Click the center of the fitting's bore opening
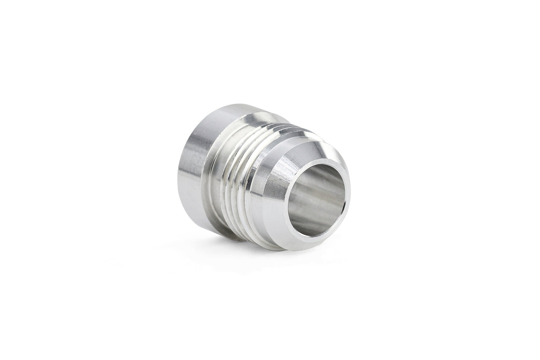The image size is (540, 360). (x=317, y=199)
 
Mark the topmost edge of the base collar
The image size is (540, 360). (x=231, y=105)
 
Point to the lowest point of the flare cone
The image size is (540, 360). (x=285, y=250)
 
